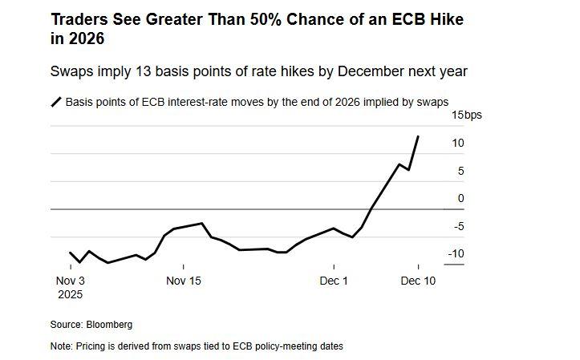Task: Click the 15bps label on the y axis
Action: [x=466, y=115]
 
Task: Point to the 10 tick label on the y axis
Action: [x=457, y=143]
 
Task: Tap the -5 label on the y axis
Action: [x=457, y=226]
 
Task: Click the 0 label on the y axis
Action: [x=460, y=198]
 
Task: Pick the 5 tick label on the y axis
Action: [x=460, y=170]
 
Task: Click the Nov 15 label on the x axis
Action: [x=184, y=281]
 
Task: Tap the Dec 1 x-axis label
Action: [x=334, y=281]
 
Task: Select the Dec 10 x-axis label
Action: [x=418, y=281]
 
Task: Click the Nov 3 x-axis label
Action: [x=70, y=281]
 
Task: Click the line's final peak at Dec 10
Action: [x=418, y=136]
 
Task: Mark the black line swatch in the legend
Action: [x=56, y=102]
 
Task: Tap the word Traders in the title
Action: [x=78, y=18]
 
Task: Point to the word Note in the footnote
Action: [x=61, y=346]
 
